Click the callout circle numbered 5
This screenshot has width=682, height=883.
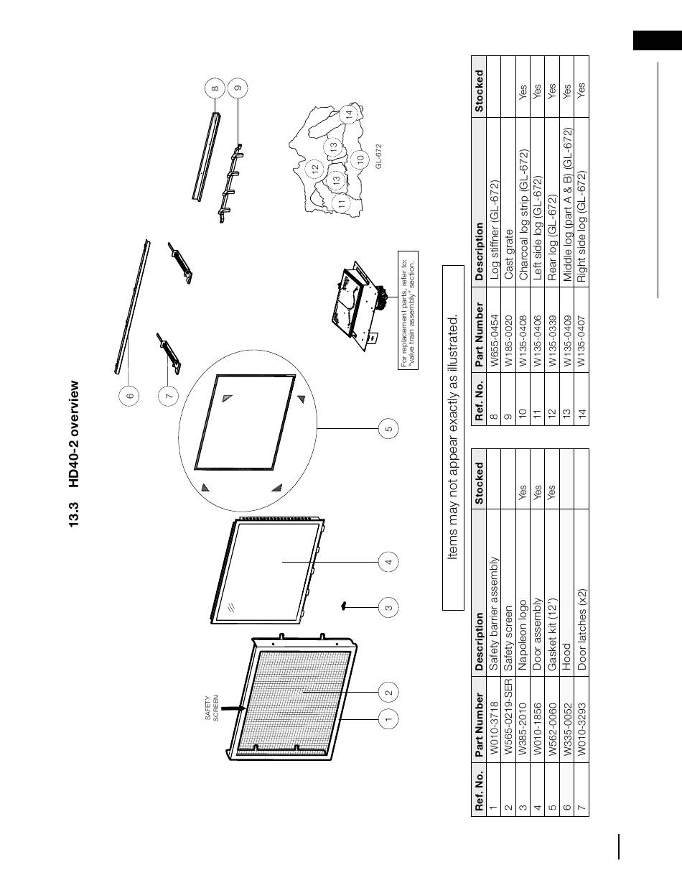click(388, 429)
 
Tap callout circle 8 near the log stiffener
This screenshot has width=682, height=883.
click(215, 89)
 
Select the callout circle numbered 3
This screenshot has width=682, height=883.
click(388, 608)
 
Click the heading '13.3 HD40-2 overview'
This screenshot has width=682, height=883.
click(75, 454)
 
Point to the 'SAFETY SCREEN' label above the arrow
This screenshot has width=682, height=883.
click(211, 708)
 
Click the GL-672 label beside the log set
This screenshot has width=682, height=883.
click(378, 156)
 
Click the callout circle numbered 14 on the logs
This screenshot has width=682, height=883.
click(349, 113)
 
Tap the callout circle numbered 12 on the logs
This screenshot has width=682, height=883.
click(314, 169)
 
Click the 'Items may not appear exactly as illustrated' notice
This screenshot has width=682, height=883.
click(452, 437)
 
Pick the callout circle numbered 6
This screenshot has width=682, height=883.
click(130, 395)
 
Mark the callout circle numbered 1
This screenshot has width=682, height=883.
click(388, 718)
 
